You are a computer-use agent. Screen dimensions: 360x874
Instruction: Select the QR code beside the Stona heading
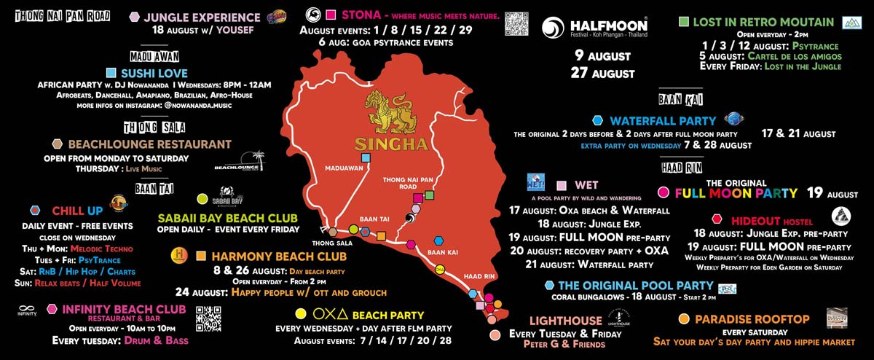pos(515,23)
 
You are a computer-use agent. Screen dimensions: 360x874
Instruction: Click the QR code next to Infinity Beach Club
pos(208,318)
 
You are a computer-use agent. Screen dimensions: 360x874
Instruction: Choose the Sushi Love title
pos(154,73)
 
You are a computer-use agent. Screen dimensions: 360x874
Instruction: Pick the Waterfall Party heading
pos(663,120)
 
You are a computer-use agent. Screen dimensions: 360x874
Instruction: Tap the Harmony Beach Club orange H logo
pos(178,254)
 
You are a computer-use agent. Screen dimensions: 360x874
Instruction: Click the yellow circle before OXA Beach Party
pos(300,314)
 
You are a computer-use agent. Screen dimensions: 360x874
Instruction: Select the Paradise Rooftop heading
pos(751,319)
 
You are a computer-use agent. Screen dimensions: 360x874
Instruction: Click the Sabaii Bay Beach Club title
pos(227,217)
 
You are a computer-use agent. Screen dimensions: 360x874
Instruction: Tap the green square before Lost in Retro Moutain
pos(683,22)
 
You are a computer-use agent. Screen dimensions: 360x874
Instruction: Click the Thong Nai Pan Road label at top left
pos(62,15)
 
